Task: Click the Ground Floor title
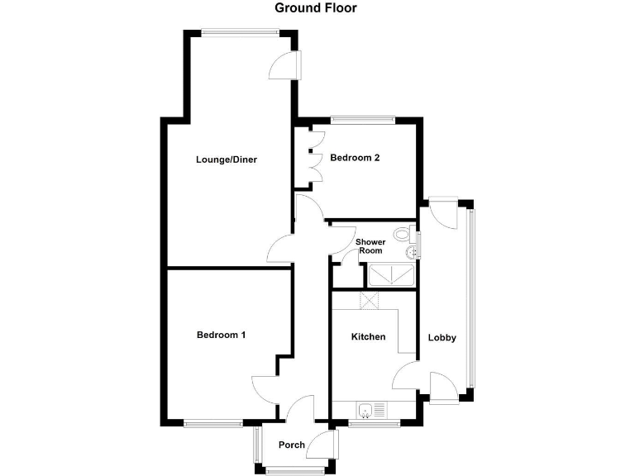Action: [x=317, y=8]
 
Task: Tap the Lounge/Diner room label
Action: [x=227, y=159]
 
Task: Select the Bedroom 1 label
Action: [x=221, y=335]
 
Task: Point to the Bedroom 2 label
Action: [x=355, y=157]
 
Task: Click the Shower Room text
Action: [x=370, y=246]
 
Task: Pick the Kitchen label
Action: [x=368, y=336]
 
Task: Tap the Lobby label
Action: [x=442, y=338]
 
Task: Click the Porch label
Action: [x=292, y=445]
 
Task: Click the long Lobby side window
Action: [x=472, y=297]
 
